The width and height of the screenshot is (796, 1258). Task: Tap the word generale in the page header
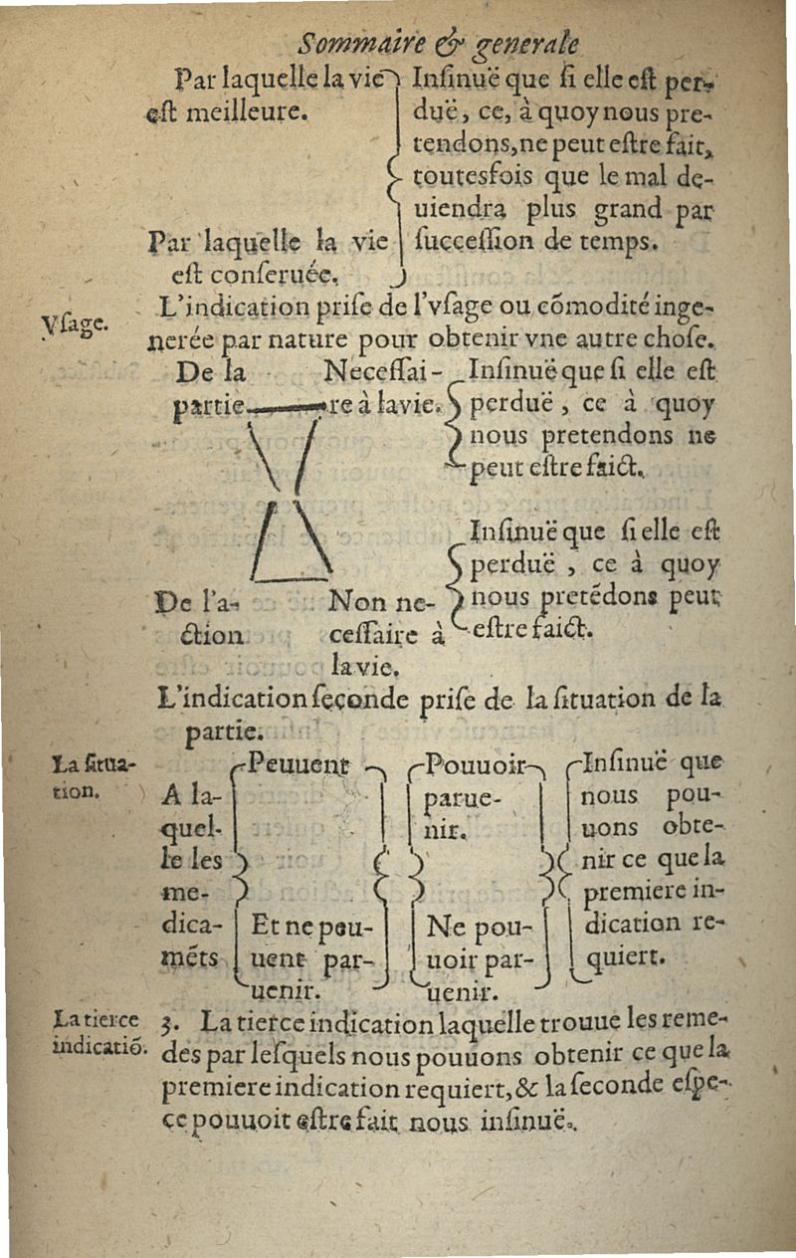coord(527,47)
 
